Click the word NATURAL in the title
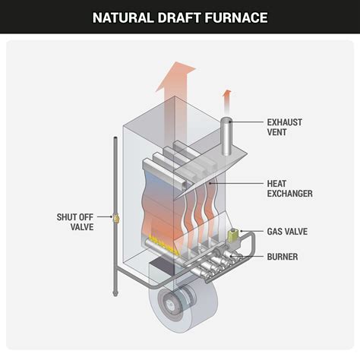pos(125,17)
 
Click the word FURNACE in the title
pos(241,17)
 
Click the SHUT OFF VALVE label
pos(74,221)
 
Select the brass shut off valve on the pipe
pos(116,220)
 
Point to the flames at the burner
pos(163,244)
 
